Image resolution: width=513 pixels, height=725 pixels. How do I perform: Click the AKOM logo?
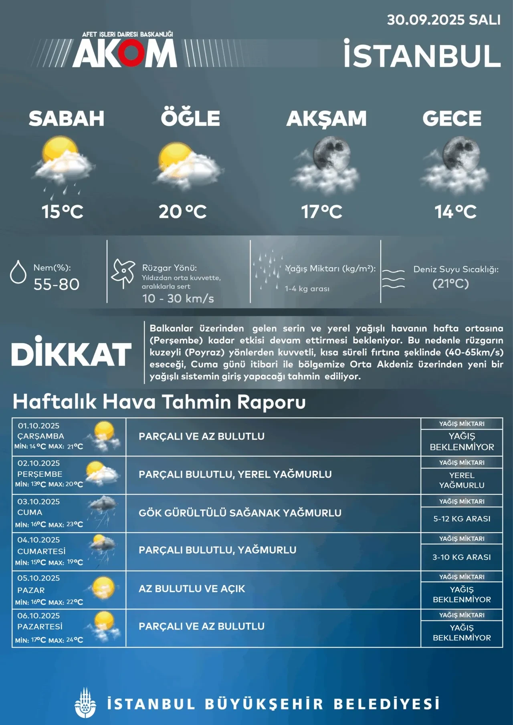coord(124,53)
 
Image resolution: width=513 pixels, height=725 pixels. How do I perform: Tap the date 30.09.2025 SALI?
coord(443,20)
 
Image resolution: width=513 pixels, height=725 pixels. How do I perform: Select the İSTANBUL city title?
coord(422,56)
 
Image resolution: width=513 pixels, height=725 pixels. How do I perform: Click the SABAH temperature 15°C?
coord(63,211)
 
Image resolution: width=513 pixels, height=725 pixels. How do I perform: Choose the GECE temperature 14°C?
coord(456,211)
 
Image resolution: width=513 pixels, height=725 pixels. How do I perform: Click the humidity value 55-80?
coord(57,284)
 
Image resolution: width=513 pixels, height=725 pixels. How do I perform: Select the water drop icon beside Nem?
coord(18,272)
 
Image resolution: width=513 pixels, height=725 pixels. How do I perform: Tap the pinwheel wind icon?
coord(123,272)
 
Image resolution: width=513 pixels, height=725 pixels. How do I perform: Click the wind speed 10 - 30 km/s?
coord(178,298)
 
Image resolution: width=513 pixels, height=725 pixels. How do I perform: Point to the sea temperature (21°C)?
coord(450,284)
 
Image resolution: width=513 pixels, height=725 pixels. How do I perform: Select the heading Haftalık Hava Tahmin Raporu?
coord(159,402)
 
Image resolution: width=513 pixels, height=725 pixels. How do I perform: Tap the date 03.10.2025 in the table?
coord(38,501)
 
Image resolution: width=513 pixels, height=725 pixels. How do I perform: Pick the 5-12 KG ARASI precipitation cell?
coord(462,519)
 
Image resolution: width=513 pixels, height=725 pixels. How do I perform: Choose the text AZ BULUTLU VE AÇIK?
coord(192,589)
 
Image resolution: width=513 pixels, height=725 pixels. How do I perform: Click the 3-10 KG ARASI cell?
coord(462,557)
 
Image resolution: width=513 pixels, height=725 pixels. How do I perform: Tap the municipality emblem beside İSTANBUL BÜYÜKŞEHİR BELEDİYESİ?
coord(85,703)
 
